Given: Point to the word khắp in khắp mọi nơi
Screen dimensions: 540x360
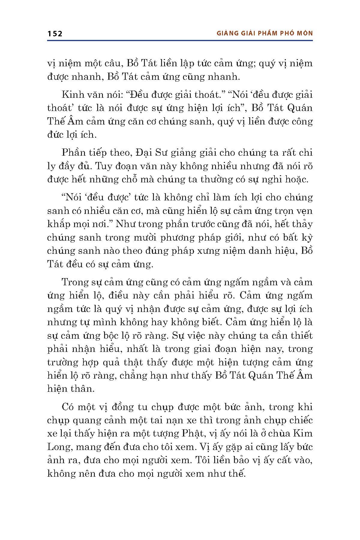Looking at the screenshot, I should [58, 224].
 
